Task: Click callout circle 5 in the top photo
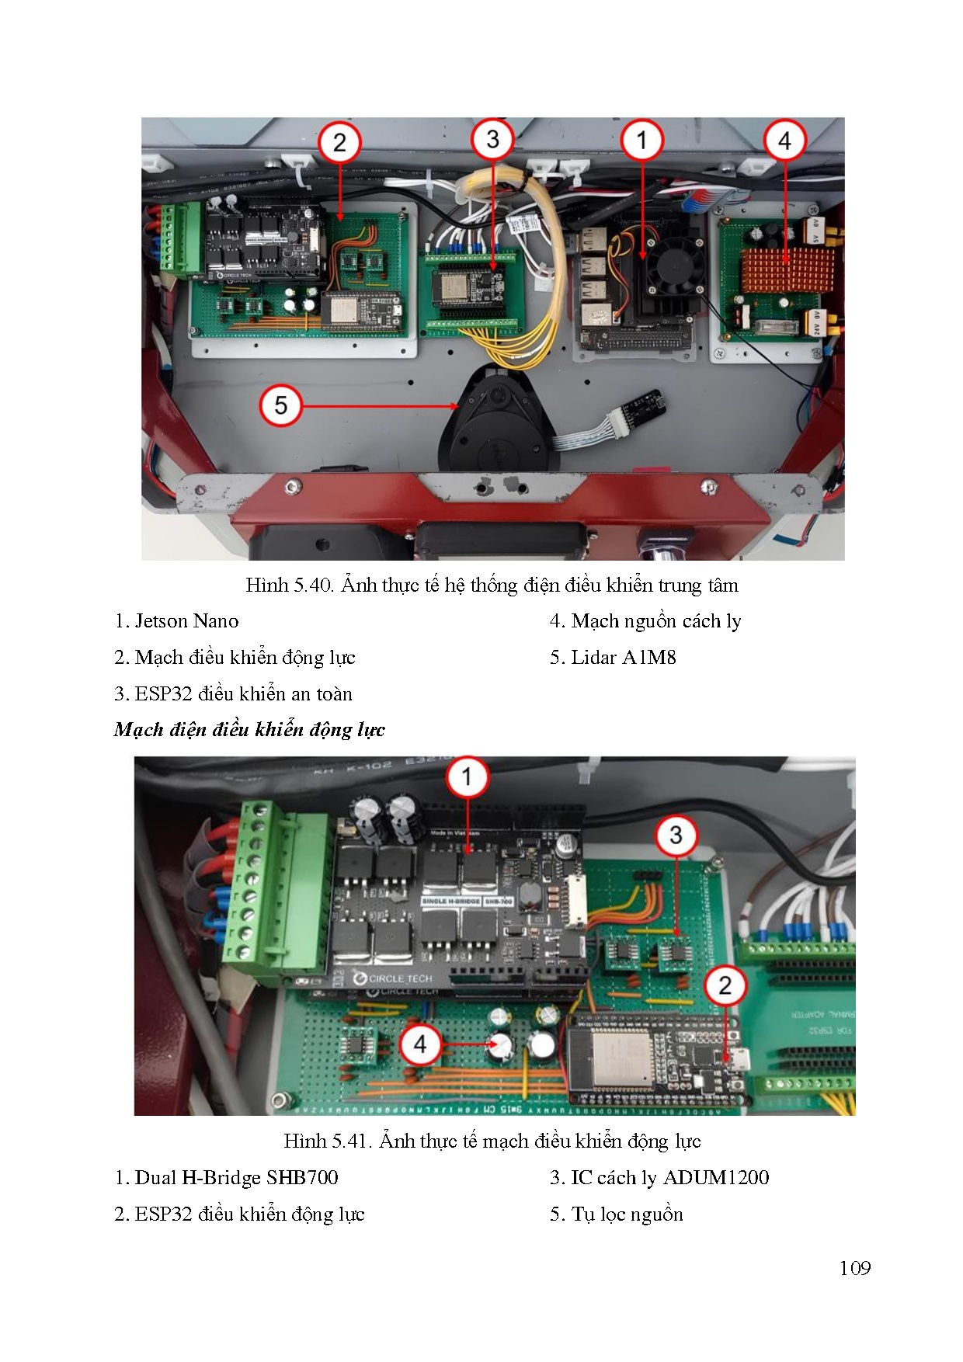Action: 280,405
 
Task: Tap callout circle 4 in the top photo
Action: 784,141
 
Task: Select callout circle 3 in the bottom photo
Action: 676,836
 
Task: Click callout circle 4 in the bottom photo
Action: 420,1044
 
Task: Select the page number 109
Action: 854,1268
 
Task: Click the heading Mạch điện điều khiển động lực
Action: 249,730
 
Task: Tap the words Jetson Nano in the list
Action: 186,621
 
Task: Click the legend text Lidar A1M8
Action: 623,658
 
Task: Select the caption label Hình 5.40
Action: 288,585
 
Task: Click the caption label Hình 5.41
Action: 327,1141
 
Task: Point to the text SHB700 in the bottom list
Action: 302,1178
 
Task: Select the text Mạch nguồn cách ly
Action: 655,621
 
